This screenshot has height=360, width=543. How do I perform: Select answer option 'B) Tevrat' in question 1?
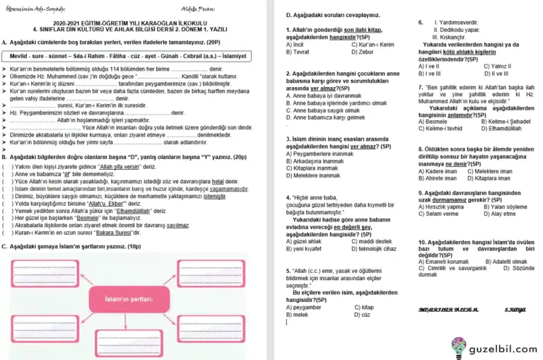click(298, 52)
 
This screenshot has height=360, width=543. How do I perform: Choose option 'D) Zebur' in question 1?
click(363, 52)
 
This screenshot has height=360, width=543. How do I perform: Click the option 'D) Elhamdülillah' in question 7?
click(502, 129)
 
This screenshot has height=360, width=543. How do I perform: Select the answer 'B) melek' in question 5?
click(297, 314)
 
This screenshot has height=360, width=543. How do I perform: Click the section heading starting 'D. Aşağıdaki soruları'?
click(323, 15)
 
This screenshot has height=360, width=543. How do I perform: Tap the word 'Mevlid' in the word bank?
click(20, 55)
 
